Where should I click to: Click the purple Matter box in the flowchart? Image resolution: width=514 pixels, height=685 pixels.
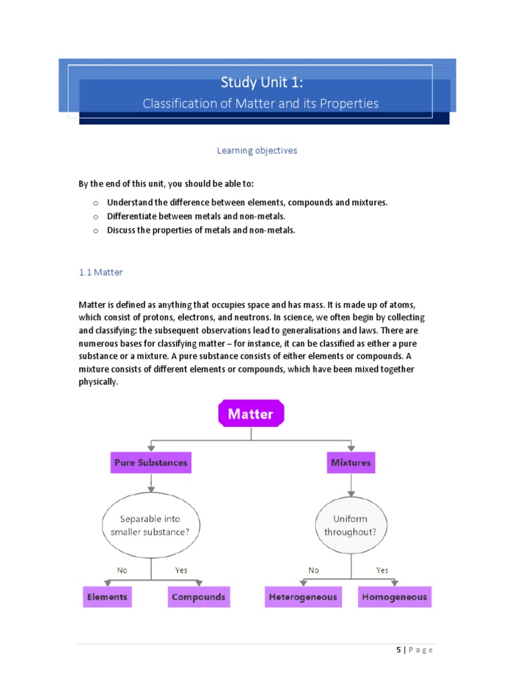click(x=251, y=414)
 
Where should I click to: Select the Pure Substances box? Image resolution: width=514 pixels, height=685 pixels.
click(x=151, y=462)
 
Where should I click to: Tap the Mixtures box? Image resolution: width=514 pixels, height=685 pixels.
click(x=350, y=462)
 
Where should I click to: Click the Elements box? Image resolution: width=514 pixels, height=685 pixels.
click(x=107, y=597)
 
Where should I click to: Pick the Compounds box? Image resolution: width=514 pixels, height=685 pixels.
click(x=199, y=597)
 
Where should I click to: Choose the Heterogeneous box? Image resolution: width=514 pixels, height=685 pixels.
click(x=303, y=597)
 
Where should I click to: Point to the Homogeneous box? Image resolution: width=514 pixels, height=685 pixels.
click(x=395, y=597)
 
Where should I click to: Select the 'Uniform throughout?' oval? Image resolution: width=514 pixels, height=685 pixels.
click(x=350, y=525)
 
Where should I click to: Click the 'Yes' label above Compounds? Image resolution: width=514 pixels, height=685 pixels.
click(x=181, y=571)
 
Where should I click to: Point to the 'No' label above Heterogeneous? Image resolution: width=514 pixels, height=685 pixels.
click(x=314, y=571)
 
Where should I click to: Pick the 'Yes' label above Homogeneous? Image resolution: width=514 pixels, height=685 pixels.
click(x=382, y=571)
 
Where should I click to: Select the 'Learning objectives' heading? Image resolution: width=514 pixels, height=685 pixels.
click(x=257, y=151)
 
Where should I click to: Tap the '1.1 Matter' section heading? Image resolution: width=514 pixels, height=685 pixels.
click(x=100, y=272)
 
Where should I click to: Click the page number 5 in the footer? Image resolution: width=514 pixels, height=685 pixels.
click(x=399, y=650)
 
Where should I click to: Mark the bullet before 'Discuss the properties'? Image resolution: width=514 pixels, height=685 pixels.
click(x=96, y=231)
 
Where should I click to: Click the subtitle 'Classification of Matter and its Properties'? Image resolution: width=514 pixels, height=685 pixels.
click(x=260, y=104)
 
